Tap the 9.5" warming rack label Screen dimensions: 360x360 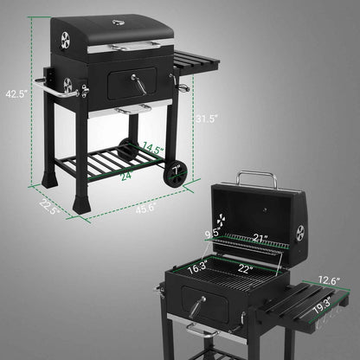[211, 233]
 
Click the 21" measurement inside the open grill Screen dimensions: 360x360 [260, 237]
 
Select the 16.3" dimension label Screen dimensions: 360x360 [197, 267]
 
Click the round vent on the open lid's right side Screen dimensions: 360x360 [300, 234]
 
